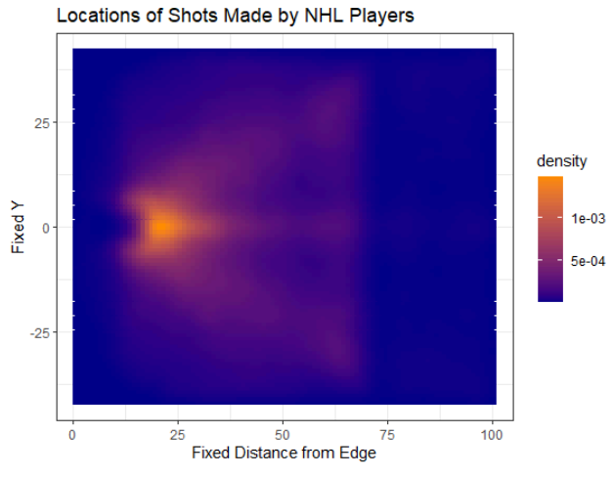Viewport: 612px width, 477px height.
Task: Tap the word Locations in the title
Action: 99,16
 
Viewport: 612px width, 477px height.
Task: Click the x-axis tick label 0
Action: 72,435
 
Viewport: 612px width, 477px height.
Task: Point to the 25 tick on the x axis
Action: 178,435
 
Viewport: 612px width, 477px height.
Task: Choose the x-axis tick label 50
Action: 283,435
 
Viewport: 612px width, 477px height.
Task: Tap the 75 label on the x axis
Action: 387,435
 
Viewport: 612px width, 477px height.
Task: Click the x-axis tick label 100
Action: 492,435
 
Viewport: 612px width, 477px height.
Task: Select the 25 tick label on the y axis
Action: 42,124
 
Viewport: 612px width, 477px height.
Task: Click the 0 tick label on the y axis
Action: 46,228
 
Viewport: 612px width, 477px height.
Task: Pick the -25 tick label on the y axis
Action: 40,333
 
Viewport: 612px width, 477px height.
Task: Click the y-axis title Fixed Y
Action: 18,228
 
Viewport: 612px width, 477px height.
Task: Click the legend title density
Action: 561,161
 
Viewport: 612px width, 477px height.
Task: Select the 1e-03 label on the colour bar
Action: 589,219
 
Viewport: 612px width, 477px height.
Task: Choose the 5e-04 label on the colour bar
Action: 589,261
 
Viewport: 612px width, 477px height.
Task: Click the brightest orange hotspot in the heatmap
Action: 162,227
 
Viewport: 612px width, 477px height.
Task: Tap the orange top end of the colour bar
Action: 550,177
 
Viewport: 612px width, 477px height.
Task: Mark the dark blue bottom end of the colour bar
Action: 550,300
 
